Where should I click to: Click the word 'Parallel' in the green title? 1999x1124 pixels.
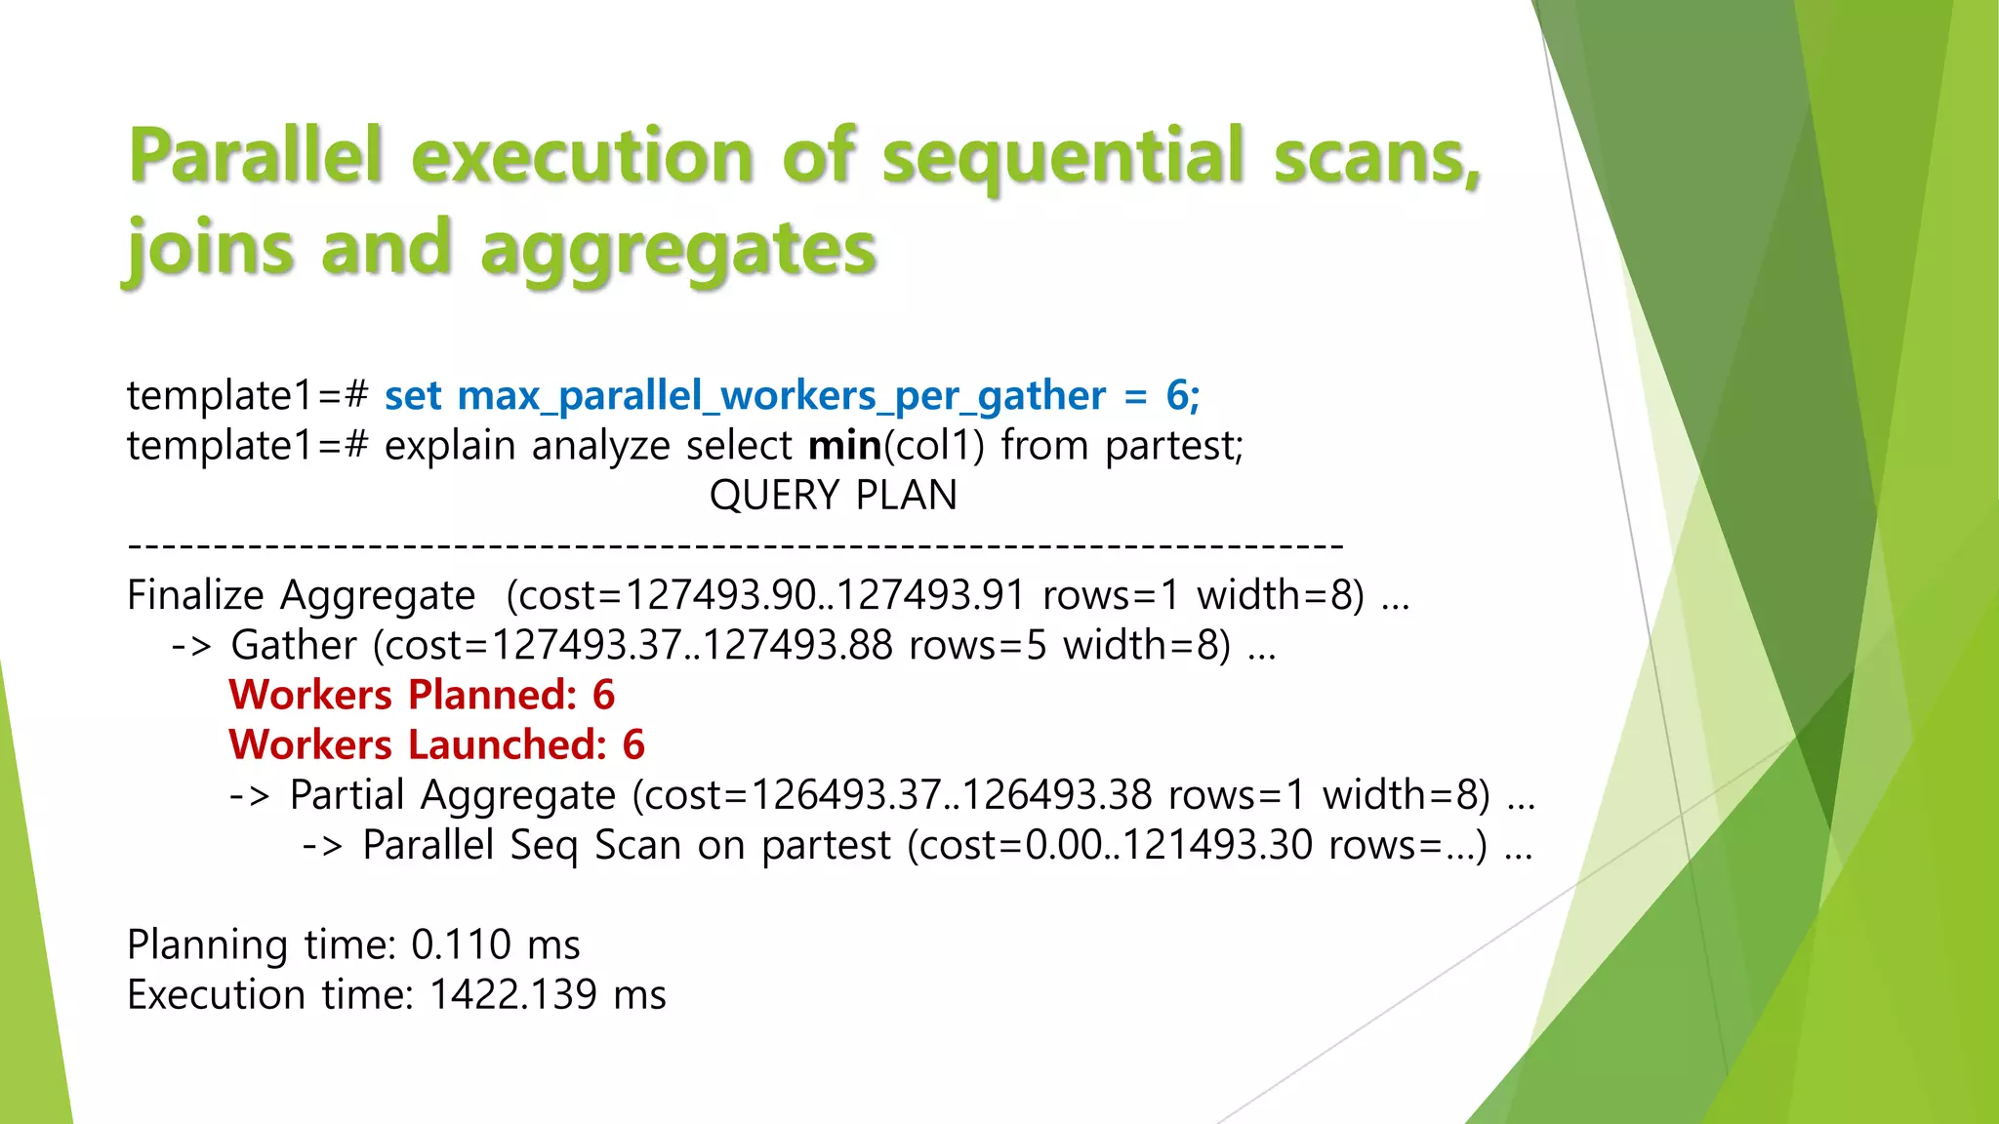(x=256, y=156)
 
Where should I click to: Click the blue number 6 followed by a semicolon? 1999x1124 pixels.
(x=1182, y=395)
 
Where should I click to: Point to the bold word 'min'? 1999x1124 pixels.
(x=844, y=446)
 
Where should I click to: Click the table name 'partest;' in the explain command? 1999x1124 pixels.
(x=1174, y=446)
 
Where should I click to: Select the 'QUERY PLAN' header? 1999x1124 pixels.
(x=833, y=496)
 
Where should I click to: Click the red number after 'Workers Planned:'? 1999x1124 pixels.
(x=603, y=695)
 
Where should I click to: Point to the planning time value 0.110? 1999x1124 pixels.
(x=461, y=944)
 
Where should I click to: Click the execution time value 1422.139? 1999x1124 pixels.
(x=512, y=994)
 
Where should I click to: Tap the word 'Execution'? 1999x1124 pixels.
(x=216, y=994)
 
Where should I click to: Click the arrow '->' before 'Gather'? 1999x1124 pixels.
(x=191, y=646)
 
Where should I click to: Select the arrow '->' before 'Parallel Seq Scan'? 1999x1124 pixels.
(x=322, y=846)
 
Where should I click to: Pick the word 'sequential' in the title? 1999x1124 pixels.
(x=1063, y=156)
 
